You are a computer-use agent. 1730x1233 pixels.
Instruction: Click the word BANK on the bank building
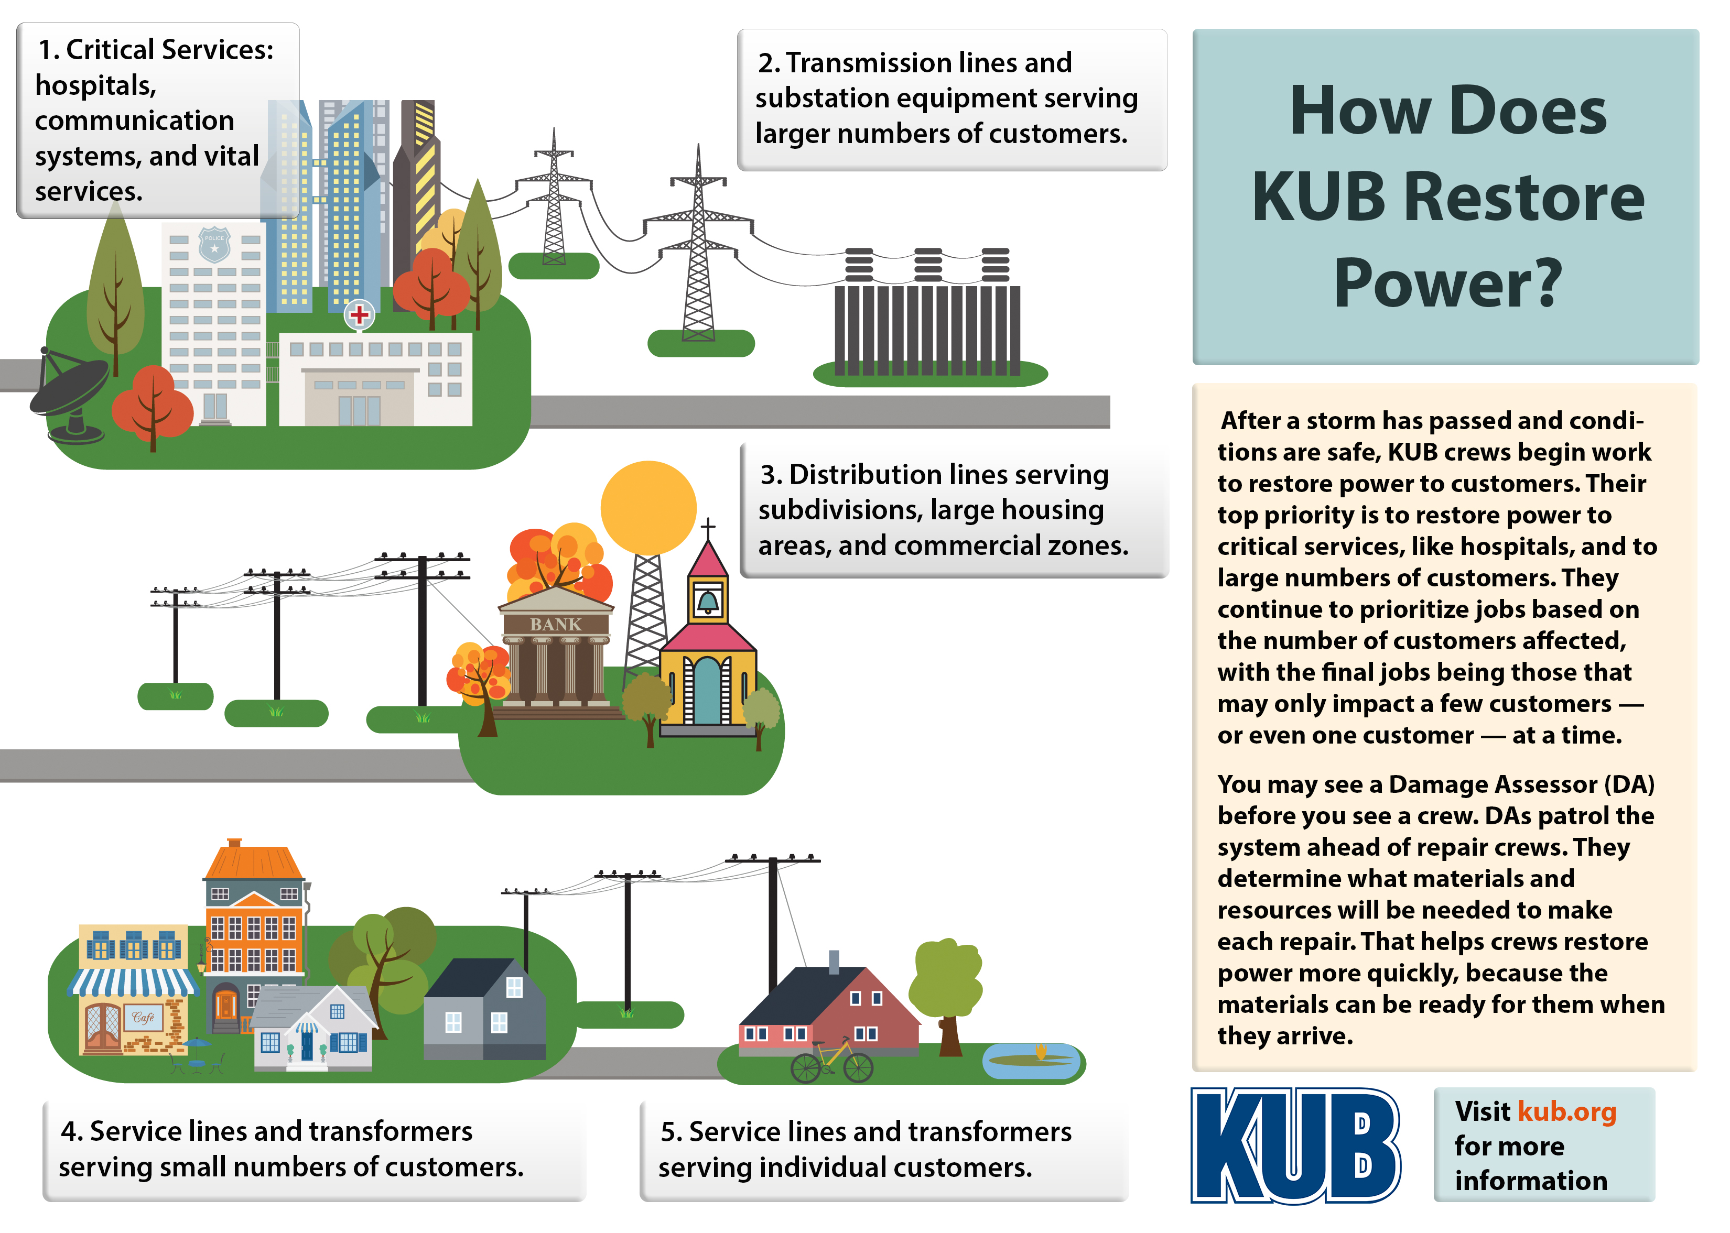click(555, 624)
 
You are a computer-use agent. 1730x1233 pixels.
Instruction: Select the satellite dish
click(68, 391)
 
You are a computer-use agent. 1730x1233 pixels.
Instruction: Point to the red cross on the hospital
click(359, 313)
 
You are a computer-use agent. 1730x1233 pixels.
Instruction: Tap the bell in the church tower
click(708, 602)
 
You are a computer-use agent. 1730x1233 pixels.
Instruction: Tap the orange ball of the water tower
click(648, 507)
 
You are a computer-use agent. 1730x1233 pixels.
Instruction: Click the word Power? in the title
click(1447, 283)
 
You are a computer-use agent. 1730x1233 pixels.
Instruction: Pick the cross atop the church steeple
click(708, 526)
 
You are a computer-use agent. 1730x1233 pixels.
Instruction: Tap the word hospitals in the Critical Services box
click(95, 85)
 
